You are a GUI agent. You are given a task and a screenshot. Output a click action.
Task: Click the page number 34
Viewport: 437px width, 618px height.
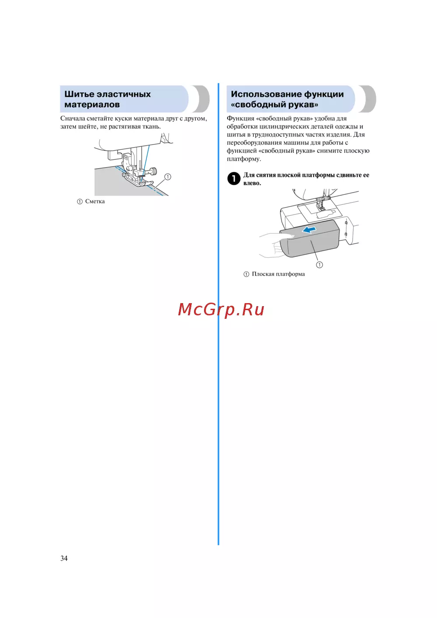coord(64,558)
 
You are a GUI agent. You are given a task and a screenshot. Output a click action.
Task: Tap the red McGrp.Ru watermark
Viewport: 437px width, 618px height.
coord(221,310)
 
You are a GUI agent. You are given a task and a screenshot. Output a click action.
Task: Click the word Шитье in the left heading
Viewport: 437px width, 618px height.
coord(79,94)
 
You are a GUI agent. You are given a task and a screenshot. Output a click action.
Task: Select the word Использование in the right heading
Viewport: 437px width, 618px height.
coord(265,94)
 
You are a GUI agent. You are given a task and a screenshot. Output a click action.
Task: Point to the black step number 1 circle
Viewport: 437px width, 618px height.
coord(233,179)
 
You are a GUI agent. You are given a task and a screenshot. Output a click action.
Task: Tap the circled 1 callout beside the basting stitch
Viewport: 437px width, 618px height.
coord(167,176)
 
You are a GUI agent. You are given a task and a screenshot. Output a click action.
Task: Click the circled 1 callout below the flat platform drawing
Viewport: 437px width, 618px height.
coord(319,265)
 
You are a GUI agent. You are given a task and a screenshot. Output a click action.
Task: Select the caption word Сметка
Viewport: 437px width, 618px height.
coord(95,201)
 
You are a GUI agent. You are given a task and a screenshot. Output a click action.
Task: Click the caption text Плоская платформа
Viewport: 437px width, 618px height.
coord(278,274)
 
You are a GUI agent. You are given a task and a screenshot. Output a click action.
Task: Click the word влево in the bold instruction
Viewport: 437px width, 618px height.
coord(252,183)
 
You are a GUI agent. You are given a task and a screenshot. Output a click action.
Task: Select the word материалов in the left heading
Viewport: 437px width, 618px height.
coord(92,105)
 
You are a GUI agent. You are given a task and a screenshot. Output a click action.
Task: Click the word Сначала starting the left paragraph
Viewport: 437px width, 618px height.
coord(73,119)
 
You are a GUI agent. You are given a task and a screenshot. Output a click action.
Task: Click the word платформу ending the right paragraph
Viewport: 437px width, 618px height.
coord(244,159)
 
